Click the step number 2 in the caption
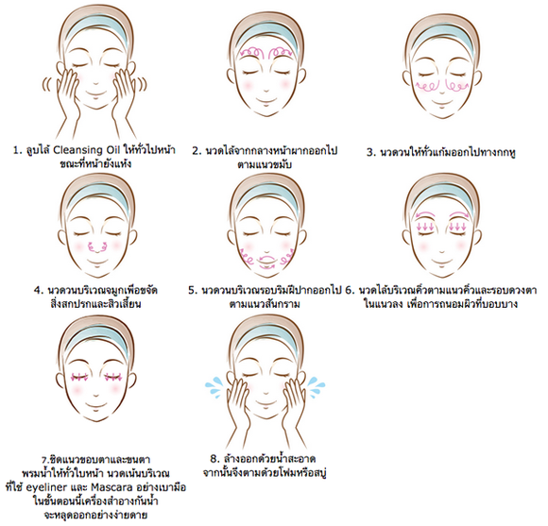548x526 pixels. coord(197,151)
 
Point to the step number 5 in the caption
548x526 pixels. coord(193,291)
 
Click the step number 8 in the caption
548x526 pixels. coord(214,459)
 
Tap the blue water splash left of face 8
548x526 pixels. coord(214,386)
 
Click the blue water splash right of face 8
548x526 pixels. coord(316,386)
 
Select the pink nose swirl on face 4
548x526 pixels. coord(97,247)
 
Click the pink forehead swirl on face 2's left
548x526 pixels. coord(252,52)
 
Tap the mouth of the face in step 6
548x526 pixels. coord(442,262)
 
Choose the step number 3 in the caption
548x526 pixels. coord(370,153)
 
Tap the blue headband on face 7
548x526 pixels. coord(96,340)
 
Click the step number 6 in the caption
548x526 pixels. coord(350,291)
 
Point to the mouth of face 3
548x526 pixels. coord(442,102)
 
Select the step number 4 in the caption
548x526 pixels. coord(39,291)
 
